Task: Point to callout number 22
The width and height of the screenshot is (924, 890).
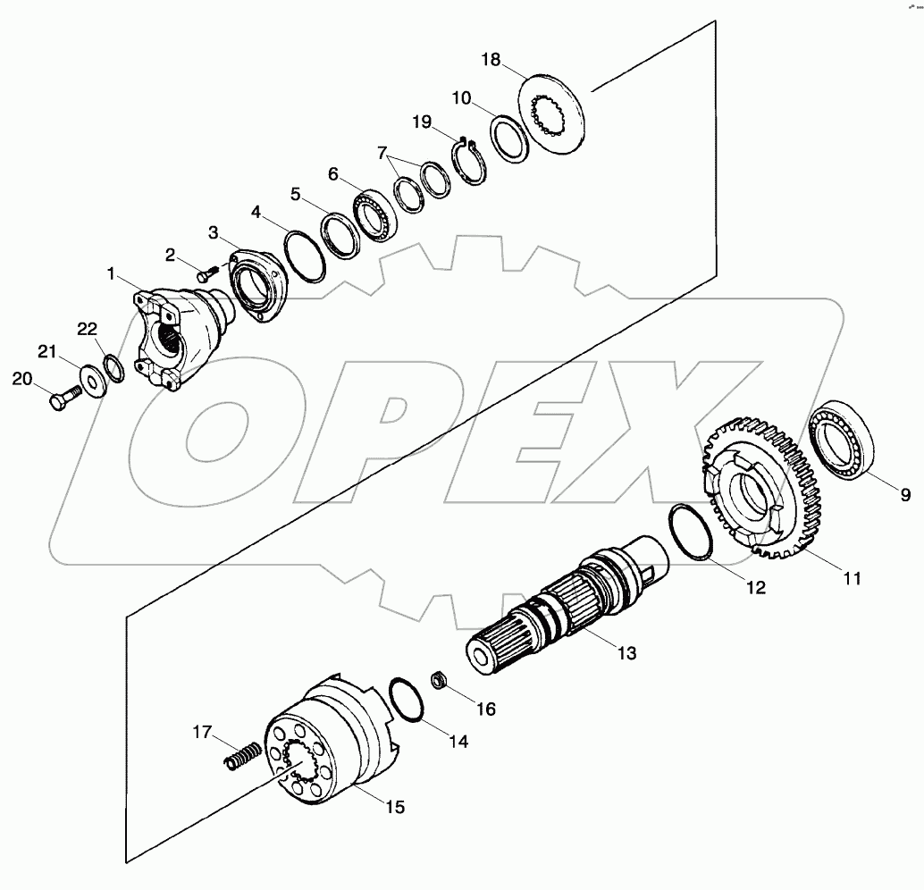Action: click(x=86, y=330)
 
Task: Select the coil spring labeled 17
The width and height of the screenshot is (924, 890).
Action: click(x=241, y=756)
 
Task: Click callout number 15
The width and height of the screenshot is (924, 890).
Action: click(x=394, y=806)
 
